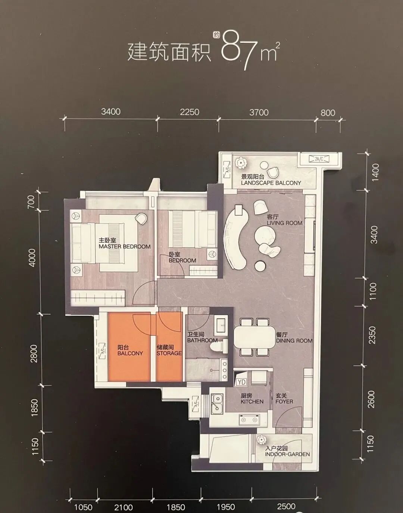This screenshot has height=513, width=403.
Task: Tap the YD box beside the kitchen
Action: coord(241,382)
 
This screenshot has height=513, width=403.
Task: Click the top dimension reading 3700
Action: coord(259,112)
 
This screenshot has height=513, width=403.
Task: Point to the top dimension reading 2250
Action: coord(189,112)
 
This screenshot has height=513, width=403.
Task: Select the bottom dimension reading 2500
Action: coord(286,506)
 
